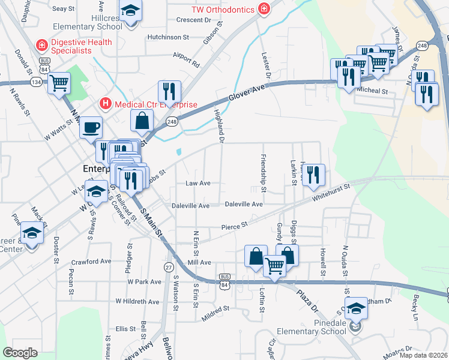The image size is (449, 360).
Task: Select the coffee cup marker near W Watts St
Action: (91, 128)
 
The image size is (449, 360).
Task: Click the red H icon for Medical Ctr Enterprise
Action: (106, 104)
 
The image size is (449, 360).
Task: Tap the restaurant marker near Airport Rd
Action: (169, 92)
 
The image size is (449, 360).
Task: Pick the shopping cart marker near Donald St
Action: (59, 83)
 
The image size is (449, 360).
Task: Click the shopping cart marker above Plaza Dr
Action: (274, 265)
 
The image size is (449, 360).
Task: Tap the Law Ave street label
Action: (197, 183)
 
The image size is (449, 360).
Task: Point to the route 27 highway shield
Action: (169, 266)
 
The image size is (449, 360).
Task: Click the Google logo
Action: (20, 352)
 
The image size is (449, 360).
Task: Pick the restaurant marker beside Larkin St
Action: (313, 175)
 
